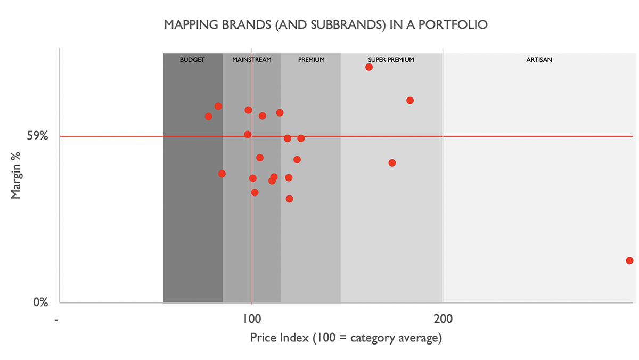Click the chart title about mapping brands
point(326,25)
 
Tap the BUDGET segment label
point(192,60)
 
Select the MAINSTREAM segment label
point(252,60)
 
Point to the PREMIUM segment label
point(311,60)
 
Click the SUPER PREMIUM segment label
point(391,60)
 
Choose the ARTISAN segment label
point(539,60)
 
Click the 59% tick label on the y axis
point(38,136)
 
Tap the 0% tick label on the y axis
point(41,302)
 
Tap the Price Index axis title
point(346,338)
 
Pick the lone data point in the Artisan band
point(629,260)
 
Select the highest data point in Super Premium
point(369,67)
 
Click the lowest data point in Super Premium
point(392,163)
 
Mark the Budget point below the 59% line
point(222,174)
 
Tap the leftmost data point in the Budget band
point(208,116)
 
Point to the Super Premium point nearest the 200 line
point(410,100)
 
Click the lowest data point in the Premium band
point(289,199)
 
